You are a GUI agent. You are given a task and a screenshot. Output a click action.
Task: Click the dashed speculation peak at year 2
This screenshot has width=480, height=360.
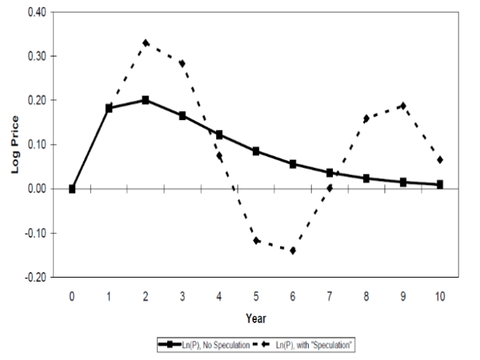(x=146, y=42)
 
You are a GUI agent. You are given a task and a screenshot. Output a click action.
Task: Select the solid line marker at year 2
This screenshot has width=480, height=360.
(x=146, y=100)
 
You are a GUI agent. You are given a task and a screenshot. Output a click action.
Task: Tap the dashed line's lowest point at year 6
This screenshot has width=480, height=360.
(x=293, y=250)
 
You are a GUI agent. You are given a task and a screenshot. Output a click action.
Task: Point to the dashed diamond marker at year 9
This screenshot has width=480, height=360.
(x=403, y=106)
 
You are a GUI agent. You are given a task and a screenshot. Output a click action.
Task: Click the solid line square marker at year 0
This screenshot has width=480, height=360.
(x=72, y=189)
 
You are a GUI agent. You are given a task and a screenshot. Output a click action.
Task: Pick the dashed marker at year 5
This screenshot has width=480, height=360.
(x=256, y=241)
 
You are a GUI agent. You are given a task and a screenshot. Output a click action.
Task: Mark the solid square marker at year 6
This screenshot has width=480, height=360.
(x=293, y=164)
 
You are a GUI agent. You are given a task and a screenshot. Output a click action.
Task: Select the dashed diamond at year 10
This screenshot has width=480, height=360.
(x=440, y=160)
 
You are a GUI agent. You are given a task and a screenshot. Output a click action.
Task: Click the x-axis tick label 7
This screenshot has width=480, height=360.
(x=330, y=295)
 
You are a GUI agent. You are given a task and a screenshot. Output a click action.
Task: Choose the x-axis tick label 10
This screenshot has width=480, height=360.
(x=440, y=295)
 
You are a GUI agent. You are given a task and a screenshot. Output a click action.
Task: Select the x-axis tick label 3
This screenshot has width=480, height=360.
(x=182, y=295)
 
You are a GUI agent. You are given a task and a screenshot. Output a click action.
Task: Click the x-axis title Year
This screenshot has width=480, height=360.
(x=256, y=318)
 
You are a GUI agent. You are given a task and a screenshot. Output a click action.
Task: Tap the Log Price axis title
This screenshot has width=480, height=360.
(x=14, y=145)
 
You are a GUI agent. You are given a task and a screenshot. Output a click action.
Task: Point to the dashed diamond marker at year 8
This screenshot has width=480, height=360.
(x=366, y=118)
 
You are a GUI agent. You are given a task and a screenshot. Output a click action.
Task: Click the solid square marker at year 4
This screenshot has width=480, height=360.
(x=219, y=135)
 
